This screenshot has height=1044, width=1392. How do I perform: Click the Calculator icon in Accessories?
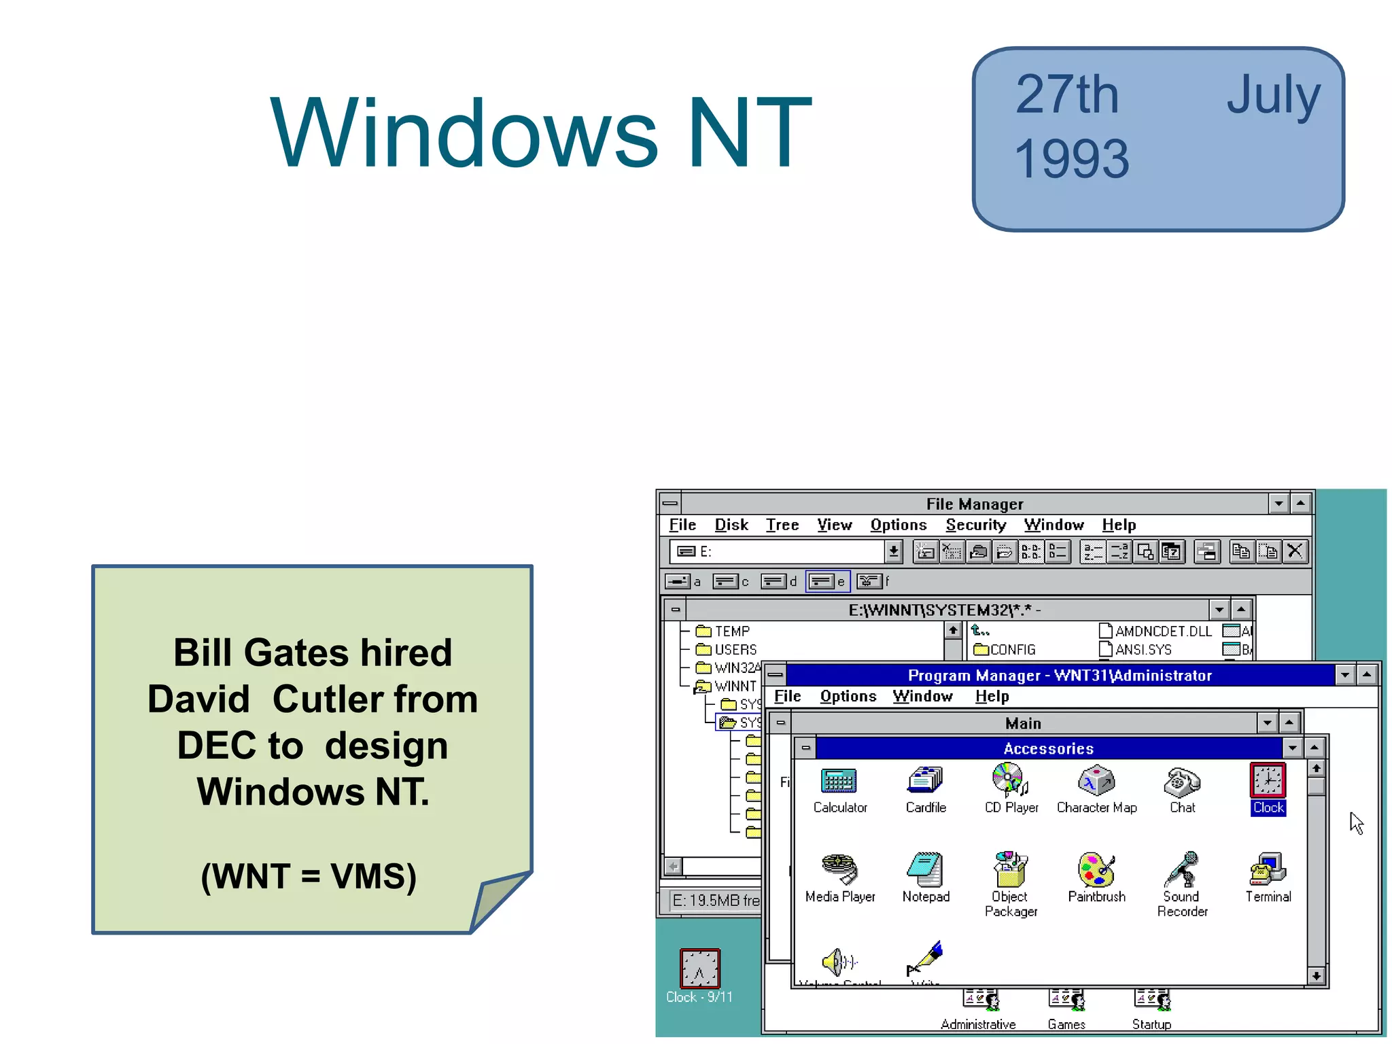(x=839, y=782)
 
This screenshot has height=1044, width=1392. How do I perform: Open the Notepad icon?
(x=925, y=870)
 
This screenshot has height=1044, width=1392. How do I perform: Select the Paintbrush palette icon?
(x=1096, y=870)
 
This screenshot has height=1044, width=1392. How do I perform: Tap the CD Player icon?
(x=1010, y=780)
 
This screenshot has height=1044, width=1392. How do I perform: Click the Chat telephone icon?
(x=1182, y=782)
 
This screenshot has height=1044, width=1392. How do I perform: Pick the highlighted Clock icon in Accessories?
(x=1268, y=782)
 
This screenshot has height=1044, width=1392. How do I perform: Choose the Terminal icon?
(x=1268, y=870)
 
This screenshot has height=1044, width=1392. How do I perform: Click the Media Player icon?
(x=839, y=870)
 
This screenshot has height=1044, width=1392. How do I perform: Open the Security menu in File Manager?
(x=975, y=525)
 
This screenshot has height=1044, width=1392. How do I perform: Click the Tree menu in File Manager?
(x=782, y=525)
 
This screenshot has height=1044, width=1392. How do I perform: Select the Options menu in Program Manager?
(x=848, y=696)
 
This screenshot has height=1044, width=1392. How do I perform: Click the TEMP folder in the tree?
(x=731, y=631)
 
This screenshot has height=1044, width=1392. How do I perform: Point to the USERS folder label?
(x=735, y=650)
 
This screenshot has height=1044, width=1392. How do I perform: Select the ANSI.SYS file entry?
(x=1143, y=650)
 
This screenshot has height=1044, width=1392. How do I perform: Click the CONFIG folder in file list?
(x=1011, y=650)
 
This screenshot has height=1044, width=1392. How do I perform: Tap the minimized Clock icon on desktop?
(x=699, y=968)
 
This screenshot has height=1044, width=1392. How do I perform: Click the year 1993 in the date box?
(x=1071, y=159)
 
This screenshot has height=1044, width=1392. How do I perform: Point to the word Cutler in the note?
(x=375, y=699)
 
